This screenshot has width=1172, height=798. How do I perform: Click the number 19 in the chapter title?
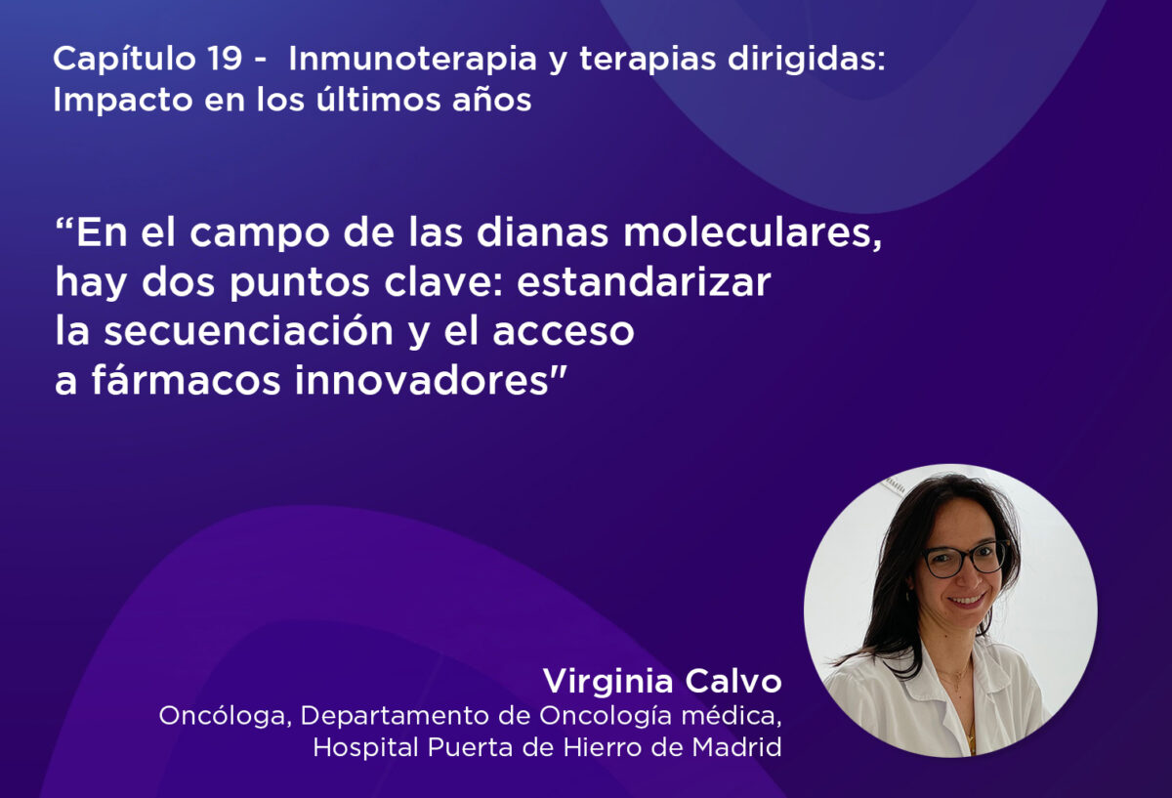coord(225,58)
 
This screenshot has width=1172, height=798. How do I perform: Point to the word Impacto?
coord(123,101)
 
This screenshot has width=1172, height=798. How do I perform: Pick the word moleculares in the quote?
coord(751,232)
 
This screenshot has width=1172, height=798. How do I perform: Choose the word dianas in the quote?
coord(542,232)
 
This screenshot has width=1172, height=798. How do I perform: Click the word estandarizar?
coord(644,282)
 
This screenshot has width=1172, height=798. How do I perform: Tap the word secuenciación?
coord(248,331)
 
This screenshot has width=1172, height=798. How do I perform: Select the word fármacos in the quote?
coord(186,380)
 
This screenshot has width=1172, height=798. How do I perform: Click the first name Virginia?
coord(607,683)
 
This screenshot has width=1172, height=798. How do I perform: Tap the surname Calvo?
coord(733,682)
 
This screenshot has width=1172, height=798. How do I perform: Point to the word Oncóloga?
coord(225,716)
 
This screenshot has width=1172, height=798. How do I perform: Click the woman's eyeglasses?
coord(964,559)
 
